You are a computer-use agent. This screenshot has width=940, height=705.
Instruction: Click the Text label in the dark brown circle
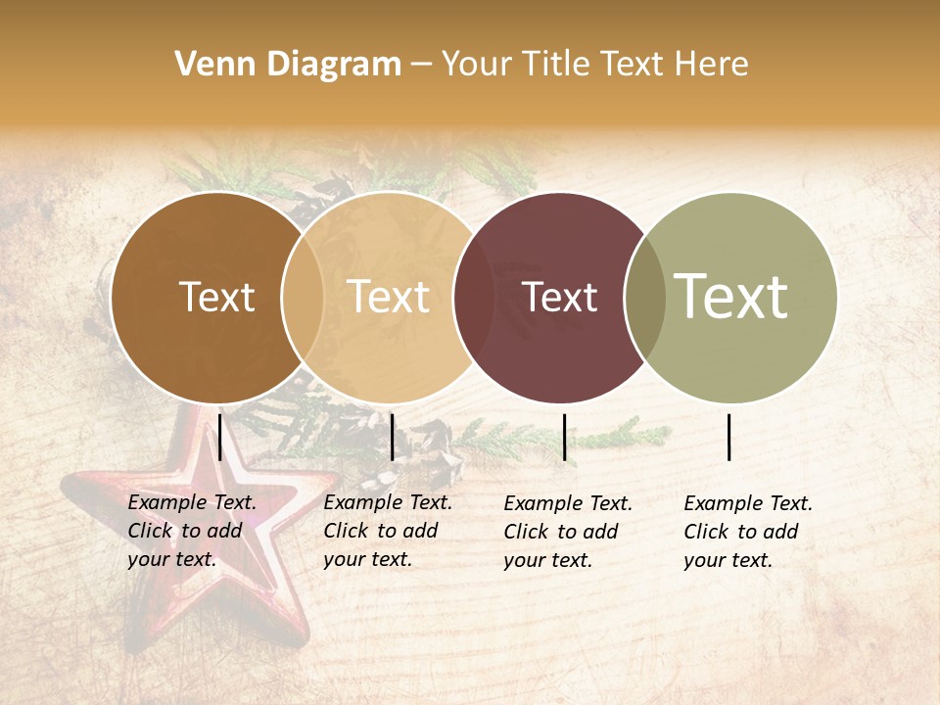click(x=216, y=297)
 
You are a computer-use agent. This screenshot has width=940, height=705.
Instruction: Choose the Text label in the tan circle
click(x=389, y=297)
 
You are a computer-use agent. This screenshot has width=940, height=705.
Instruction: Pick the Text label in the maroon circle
click(x=560, y=297)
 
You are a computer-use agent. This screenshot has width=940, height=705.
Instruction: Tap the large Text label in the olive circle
click(x=730, y=297)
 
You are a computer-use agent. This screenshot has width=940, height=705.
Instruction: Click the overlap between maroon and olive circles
click(x=645, y=297)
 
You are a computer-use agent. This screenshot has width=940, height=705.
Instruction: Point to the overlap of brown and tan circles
click(x=303, y=297)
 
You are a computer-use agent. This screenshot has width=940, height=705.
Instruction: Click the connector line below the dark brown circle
click(x=220, y=437)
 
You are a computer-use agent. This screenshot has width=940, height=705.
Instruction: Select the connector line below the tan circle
click(x=392, y=437)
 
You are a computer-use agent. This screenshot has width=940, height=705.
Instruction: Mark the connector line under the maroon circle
click(x=564, y=437)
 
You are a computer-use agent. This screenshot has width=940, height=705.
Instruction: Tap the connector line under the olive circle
click(x=729, y=437)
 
